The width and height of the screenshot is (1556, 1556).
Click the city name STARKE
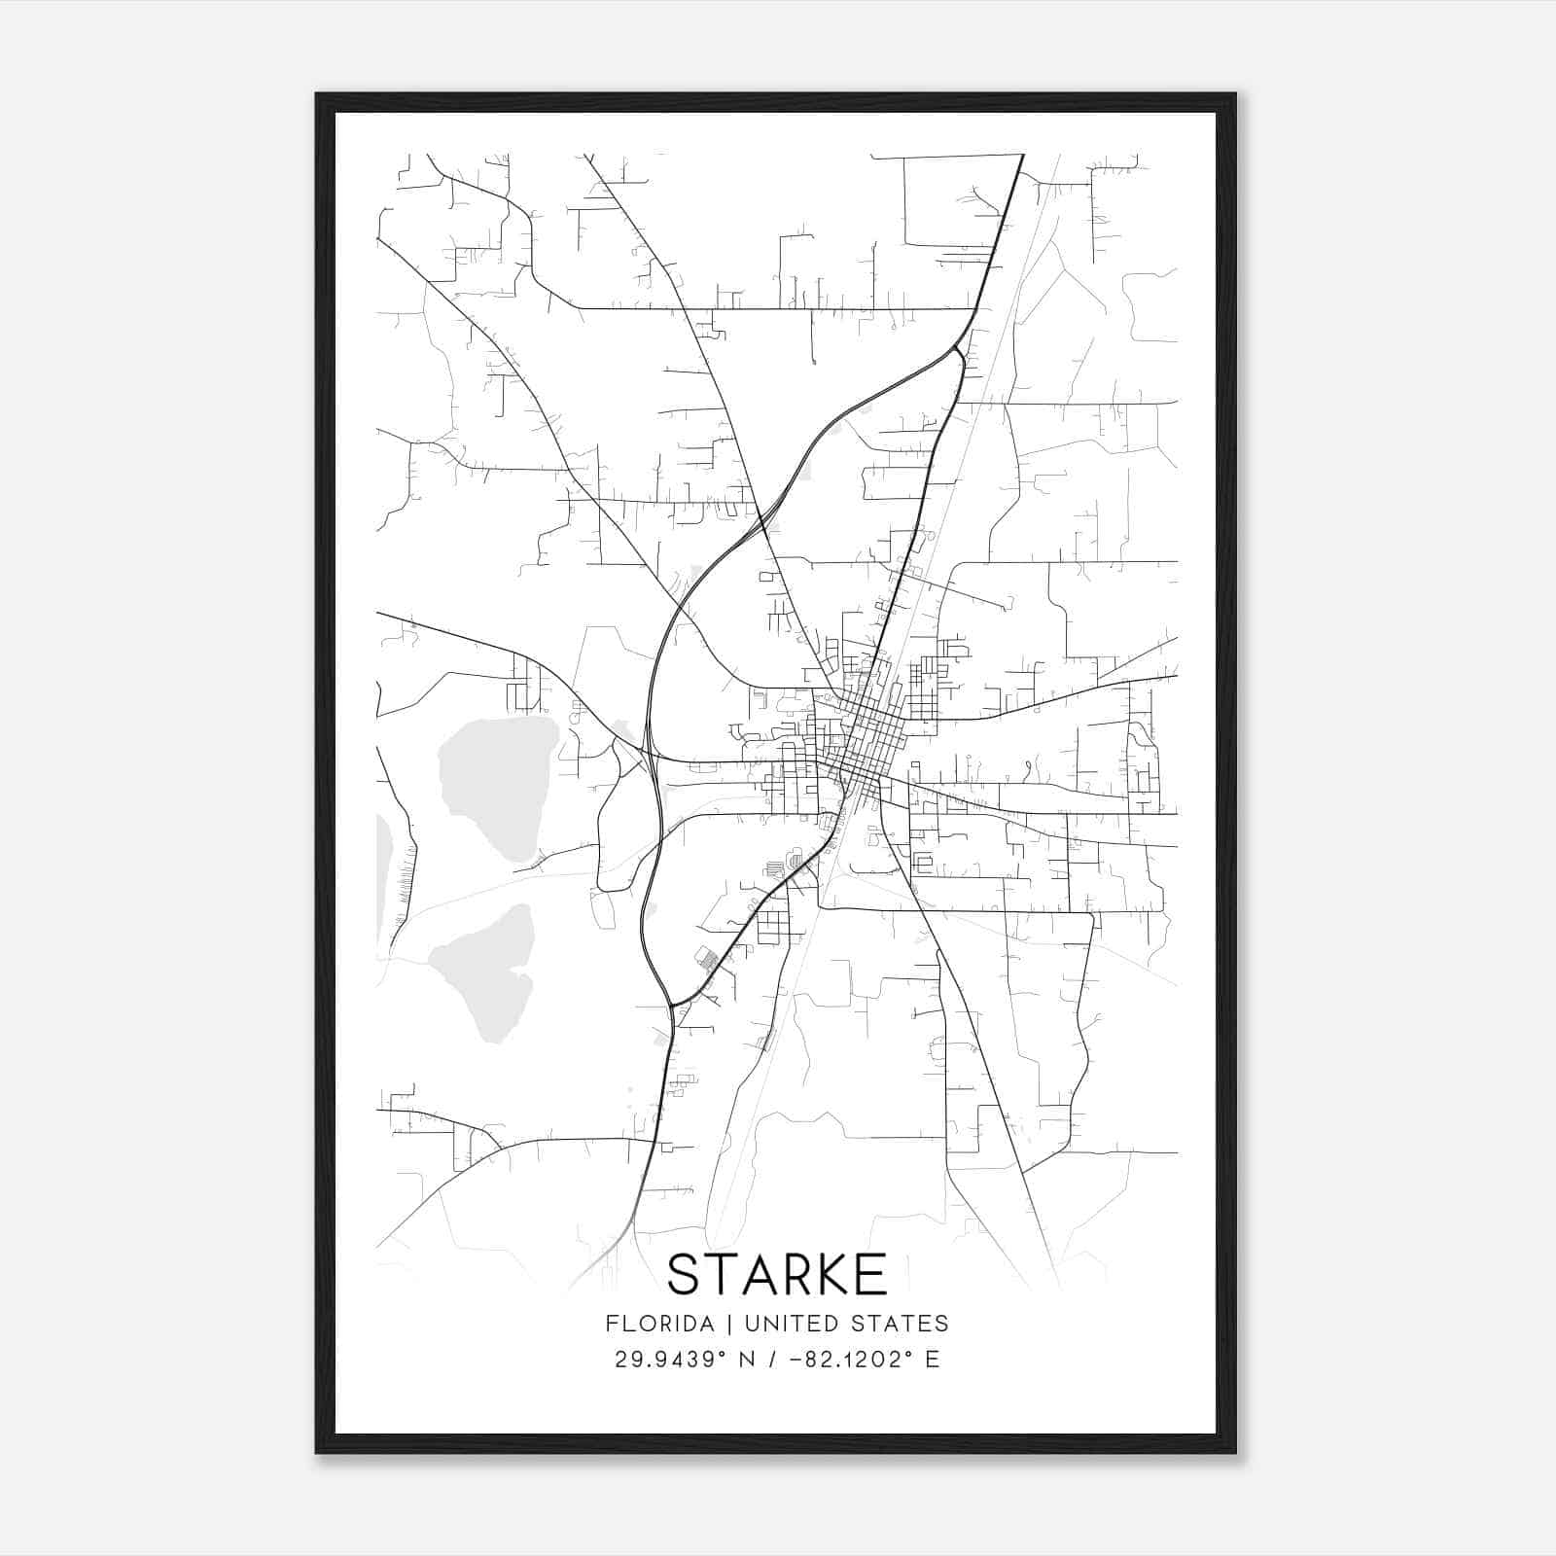point(777,1274)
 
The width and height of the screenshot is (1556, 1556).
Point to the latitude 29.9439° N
point(684,1360)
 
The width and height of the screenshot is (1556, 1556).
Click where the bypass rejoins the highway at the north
point(959,346)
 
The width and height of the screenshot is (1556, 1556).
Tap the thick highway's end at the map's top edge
point(1023,156)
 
